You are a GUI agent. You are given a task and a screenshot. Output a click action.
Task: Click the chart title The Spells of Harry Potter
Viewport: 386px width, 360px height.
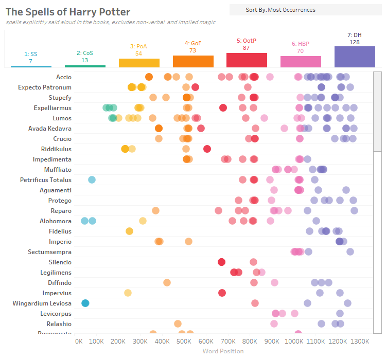pos(68,12)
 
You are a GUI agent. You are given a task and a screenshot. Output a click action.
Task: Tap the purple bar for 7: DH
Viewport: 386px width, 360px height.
pos(355,57)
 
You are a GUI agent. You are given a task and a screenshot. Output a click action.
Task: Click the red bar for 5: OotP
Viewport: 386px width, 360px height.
pos(247,60)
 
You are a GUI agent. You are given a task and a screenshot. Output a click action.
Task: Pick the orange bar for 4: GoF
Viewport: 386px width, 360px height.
pos(193,61)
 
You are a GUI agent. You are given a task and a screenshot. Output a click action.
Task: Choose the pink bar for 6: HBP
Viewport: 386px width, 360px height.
pos(301,62)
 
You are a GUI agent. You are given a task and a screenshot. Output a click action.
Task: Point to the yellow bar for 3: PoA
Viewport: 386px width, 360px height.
pos(139,63)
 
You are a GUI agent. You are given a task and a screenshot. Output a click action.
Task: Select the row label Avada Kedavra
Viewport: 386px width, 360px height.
pos(50,129)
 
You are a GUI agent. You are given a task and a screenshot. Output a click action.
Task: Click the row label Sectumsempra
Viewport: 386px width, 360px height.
pos(50,252)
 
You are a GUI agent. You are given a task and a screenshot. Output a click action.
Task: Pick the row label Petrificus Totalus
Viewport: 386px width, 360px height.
pos(46,180)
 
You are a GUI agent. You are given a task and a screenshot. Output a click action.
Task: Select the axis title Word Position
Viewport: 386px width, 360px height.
pos(223,351)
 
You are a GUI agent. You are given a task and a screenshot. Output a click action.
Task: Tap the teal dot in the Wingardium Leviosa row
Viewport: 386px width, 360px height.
pos(85,303)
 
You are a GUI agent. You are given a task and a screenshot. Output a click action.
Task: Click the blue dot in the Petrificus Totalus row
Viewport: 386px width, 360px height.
pos(92,180)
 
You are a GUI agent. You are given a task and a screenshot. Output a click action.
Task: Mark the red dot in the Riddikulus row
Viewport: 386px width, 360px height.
pos(207,149)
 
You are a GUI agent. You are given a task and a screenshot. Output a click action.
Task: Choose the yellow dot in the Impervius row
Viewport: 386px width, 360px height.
pos(128,293)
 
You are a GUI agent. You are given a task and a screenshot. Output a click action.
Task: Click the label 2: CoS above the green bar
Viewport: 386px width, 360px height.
pos(85,53)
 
